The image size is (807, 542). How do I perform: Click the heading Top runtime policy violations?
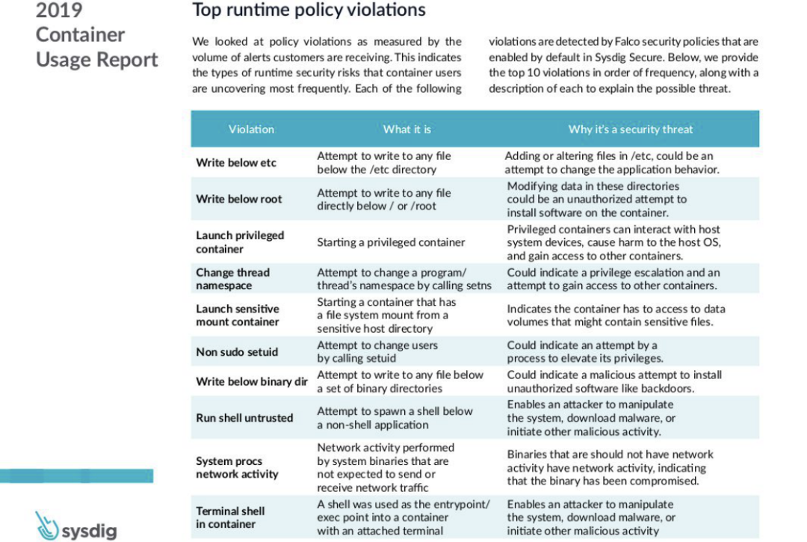click(x=309, y=10)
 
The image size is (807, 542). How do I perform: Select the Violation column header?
click(x=251, y=129)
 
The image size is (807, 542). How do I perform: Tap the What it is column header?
click(x=406, y=129)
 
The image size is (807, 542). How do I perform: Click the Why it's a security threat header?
click(x=630, y=129)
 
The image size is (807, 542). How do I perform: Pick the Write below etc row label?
click(x=236, y=163)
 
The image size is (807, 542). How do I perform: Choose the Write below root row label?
click(x=239, y=199)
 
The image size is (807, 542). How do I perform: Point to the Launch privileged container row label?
click(x=240, y=242)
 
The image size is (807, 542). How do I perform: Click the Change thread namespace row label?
click(x=232, y=279)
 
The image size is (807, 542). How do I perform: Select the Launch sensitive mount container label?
click(x=238, y=315)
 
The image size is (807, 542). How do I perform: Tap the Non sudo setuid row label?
click(x=237, y=352)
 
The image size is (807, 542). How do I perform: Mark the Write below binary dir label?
click(x=252, y=382)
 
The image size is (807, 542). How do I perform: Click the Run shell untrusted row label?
click(x=244, y=418)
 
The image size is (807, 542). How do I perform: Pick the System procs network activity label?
click(x=237, y=468)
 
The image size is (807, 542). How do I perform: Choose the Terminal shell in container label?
click(x=230, y=517)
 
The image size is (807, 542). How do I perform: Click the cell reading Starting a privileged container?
click(x=391, y=242)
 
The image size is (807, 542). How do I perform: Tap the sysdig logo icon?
click(x=46, y=526)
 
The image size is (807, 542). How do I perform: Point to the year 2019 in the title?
click(x=59, y=10)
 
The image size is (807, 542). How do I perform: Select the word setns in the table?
click(x=477, y=286)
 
